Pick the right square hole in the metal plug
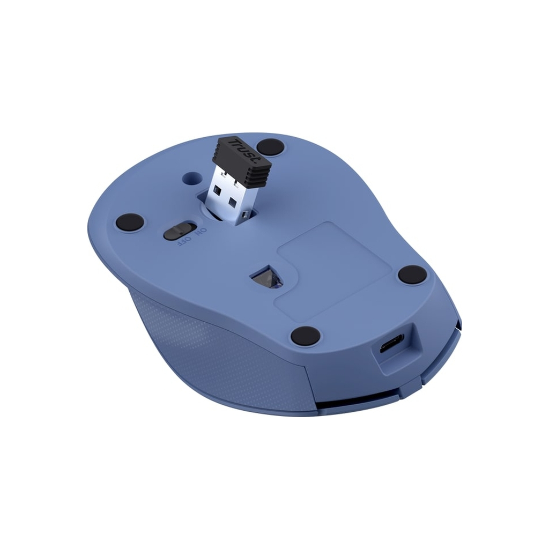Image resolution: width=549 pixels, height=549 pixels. pyautogui.click(x=234, y=202)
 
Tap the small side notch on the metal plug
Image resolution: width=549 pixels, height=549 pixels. pyautogui.click(x=244, y=215)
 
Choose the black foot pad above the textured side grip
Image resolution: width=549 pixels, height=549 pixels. pyautogui.click(x=306, y=336)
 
